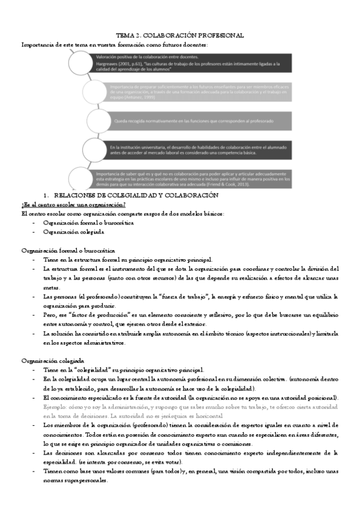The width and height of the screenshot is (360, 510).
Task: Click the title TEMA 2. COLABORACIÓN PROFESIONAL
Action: (x=180, y=35)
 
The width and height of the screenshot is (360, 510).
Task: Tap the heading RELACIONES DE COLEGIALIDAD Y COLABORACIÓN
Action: (x=136, y=196)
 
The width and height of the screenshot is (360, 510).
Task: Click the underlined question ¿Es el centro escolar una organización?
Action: (x=73, y=204)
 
